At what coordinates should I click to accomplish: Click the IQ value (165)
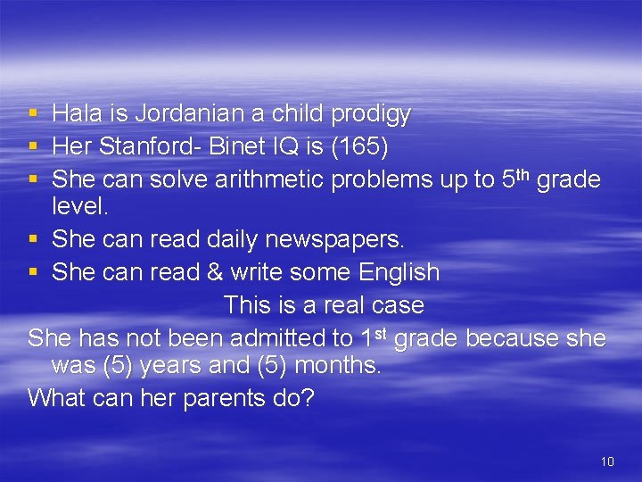[x=336, y=147]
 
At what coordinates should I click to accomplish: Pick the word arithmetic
[x=271, y=179]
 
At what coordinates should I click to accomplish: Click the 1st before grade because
[x=374, y=337]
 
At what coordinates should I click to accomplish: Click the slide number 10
[x=607, y=461]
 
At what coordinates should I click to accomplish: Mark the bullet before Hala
[x=33, y=114]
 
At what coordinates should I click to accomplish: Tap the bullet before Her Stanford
[x=33, y=147]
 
